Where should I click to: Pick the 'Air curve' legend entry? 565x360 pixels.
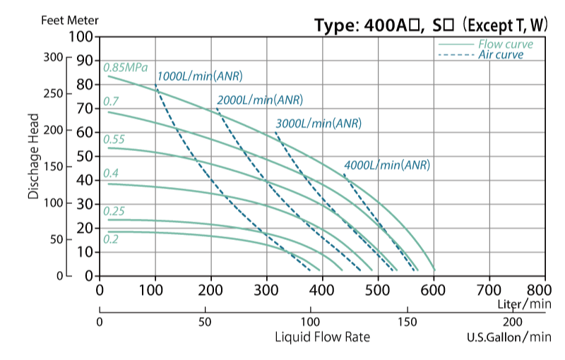[506, 55]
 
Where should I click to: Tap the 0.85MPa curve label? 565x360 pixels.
[125, 68]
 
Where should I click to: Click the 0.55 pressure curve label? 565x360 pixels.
[114, 139]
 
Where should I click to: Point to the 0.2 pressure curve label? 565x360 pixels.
[110, 239]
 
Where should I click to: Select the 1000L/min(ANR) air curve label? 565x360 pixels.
[203, 76]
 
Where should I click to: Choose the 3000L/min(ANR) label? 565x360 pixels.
[318, 123]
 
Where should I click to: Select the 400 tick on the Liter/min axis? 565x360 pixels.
[322, 289]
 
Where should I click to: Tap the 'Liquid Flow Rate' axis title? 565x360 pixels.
[322, 337]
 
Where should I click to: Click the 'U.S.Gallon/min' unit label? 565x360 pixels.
[508, 337]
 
